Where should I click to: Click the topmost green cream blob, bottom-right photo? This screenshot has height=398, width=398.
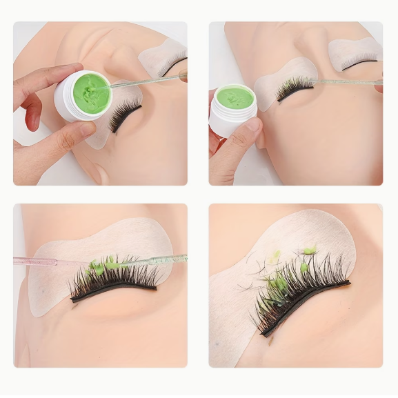point(310,250)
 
